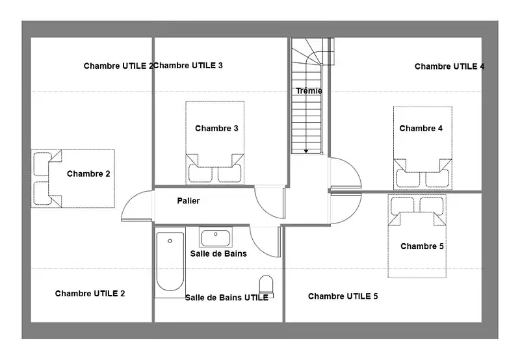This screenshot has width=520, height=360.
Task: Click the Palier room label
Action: click(x=188, y=201)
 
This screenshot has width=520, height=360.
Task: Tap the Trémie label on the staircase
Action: click(x=309, y=91)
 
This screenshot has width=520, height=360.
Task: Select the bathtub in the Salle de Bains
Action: click(x=170, y=261)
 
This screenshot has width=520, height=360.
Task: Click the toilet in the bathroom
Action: click(x=266, y=286)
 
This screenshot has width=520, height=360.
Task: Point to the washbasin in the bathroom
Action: click(x=216, y=237)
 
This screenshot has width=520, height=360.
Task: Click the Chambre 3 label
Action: click(x=216, y=128)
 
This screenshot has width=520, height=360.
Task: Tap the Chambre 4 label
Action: click(x=421, y=128)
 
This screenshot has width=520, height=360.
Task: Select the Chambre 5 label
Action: click(x=422, y=246)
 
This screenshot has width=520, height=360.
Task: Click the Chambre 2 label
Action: click(x=88, y=174)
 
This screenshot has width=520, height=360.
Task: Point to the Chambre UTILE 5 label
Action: click(x=343, y=296)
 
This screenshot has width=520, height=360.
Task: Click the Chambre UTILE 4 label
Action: click(x=449, y=66)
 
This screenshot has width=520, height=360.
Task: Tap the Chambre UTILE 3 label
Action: click(x=188, y=65)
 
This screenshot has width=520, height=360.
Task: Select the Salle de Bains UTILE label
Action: click(x=226, y=298)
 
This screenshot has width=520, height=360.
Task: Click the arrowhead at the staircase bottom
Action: click(x=306, y=151)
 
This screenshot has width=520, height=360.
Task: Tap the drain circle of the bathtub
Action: click(x=170, y=241)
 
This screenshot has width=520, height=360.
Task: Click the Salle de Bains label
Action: click(x=218, y=253)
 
